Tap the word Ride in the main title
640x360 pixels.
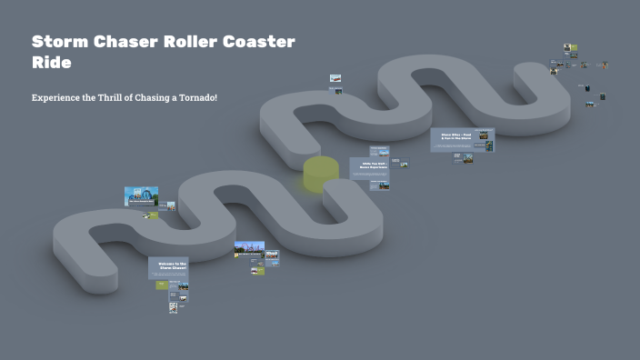click(51, 64)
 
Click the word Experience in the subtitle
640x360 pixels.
click(56, 97)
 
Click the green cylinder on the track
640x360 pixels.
click(321, 174)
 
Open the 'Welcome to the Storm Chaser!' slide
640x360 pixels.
click(168, 267)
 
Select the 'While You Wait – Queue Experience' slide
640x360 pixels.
click(369, 167)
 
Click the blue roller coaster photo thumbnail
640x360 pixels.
click(141, 195)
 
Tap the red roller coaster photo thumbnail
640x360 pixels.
click(249, 249)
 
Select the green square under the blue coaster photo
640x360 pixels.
click(153, 215)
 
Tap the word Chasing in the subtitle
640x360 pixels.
click(153, 97)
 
